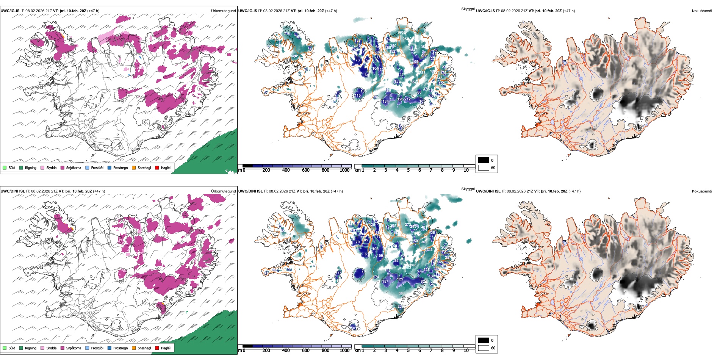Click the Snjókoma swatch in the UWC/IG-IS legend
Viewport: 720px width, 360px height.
pyautogui.click(x=63, y=167)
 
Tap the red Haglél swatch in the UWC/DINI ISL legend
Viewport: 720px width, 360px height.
pyautogui.click(x=157, y=348)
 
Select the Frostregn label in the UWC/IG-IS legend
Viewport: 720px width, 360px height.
pyautogui.click(x=121, y=167)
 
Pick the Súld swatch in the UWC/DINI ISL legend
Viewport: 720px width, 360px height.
pyautogui.click(x=5, y=348)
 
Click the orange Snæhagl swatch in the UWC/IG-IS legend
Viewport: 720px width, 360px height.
pyautogui.click(x=134, y=167)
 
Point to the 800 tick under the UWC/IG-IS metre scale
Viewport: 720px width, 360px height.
pyautogui.click(x=325, y=170)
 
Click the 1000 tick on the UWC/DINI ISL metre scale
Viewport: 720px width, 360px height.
pyautogui.click(x=344, y=351)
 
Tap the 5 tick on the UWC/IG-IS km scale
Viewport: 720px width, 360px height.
pyautogui.click(x=408, y=170)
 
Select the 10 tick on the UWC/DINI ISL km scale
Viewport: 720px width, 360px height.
pyautogui.click(x=466, y=351)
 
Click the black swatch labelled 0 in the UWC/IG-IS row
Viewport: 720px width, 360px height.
pyautogui.click(x=484, y=160)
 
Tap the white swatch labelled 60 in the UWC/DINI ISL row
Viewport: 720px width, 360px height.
pyautogui.click(x=484, y=348)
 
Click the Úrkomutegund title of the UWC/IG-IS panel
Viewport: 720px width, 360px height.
pyautogui.click(x=223, y=11)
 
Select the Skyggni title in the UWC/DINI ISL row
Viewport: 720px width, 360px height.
pyautogui.click(x=468, y=189)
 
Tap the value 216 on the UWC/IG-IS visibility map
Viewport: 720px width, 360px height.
pyautogui.click(x=287, y=33)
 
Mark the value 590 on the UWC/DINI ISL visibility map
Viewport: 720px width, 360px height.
pyautogui.click(x=401, y=293)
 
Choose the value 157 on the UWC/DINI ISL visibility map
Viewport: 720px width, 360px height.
pyautogui.click(x=385, y=282)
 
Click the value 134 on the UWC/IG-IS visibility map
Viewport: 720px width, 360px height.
pyautogui.click(x=385, y=102)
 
